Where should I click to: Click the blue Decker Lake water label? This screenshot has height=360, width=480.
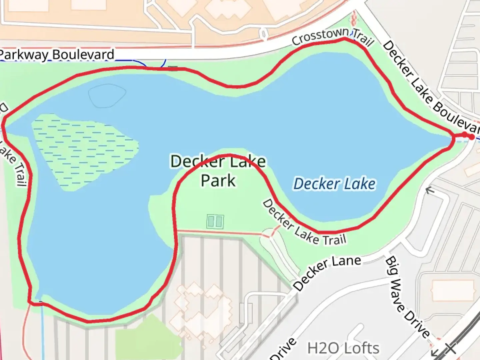(334, 184)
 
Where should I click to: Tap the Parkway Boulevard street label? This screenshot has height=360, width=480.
(57, 55)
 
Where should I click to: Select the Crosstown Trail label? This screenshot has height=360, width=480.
(332, 37)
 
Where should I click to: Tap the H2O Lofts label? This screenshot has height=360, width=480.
(343, 348)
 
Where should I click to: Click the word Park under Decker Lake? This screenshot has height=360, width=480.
(218, 181)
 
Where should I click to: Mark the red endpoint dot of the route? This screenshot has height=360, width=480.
(471, 137)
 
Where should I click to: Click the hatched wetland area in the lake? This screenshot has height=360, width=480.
(83, 150)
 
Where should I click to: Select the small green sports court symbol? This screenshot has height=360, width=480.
(215, 221)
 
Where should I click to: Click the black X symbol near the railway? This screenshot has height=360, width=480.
(450, 348)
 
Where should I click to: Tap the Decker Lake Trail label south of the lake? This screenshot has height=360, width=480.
(303, 224)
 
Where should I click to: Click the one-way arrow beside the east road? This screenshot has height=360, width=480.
(430, 191)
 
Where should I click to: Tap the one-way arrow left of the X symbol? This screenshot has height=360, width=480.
(435, 352)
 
